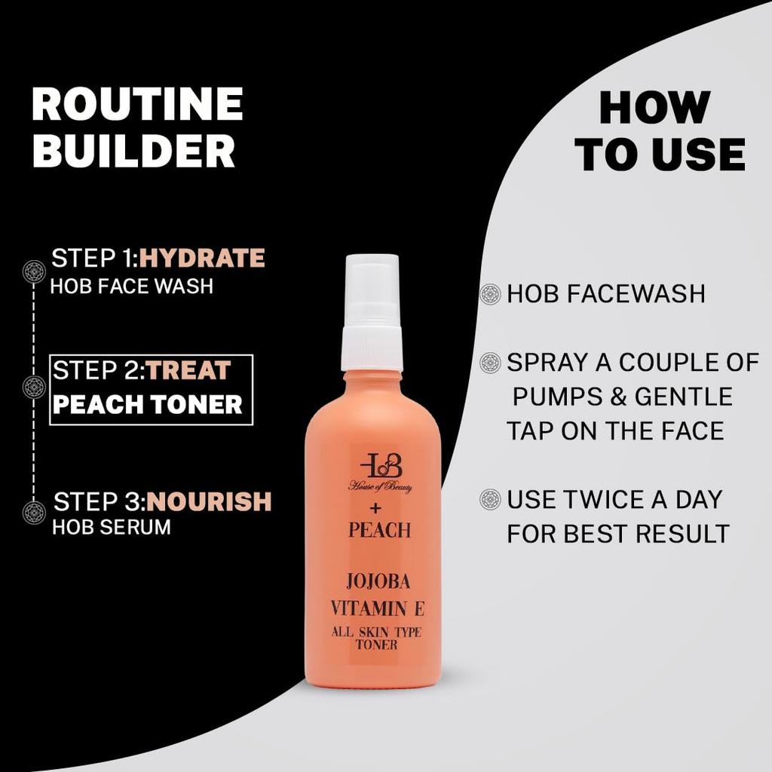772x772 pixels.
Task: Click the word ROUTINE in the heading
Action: (x=137, y=106)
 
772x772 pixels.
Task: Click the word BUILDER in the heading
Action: (x=133, y=152)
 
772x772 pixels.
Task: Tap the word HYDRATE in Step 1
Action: (x=202, y=259)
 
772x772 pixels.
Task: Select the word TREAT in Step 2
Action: (x=189, y=371)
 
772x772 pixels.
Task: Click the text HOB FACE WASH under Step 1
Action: (x=132, y=286)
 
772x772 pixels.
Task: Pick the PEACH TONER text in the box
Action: (x=148, y=405)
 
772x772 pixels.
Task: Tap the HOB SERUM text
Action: (x=112, y=527)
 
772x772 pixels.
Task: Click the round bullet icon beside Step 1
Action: (x=35, y=271)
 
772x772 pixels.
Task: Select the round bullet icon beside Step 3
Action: (x=35, y=513)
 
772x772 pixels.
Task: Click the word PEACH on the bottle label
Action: (x=379, y=531)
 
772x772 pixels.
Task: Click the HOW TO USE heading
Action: (x=659, y=132)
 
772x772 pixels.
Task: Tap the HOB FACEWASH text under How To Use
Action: (x=606, y=294)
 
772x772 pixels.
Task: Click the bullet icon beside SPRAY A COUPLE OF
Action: (x=491, y=363)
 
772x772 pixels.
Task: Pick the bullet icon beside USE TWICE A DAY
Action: (x=491, y=499)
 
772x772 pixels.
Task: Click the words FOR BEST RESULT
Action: (x=618, y=534)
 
